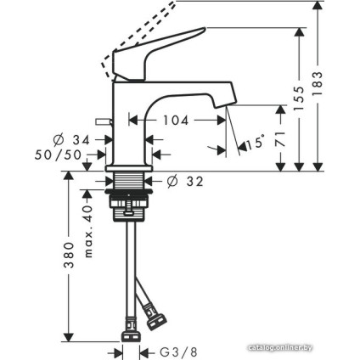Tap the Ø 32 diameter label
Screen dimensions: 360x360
(185, 181)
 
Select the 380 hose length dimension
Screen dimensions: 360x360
(70, 256)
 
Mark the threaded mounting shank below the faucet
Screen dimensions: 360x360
(128, 183)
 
